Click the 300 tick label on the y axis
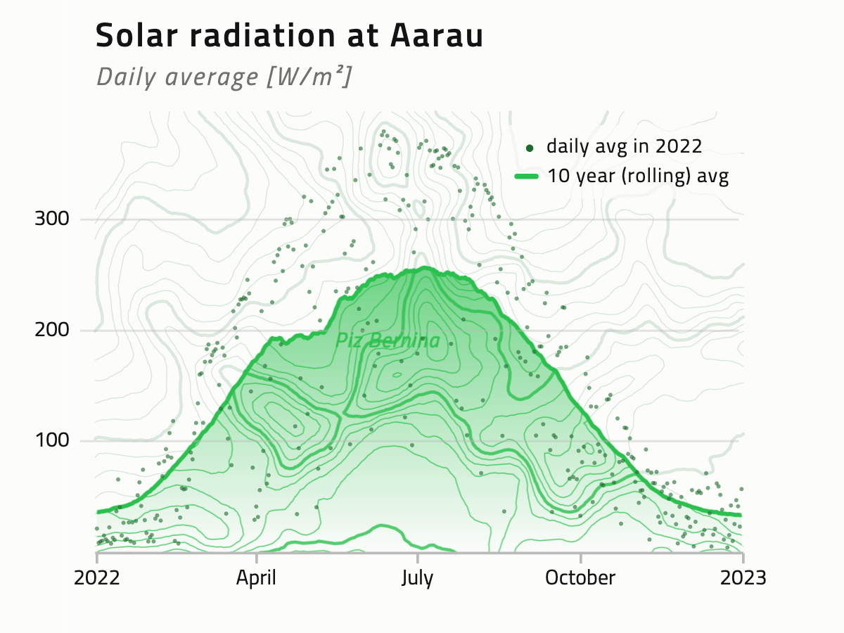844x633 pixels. point(52,219)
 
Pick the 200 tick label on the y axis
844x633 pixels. point(52,330)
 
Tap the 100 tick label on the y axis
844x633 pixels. point(52,440)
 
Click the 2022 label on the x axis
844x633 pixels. point(97,578)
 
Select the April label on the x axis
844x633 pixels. point(256,578)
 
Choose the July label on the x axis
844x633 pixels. point(417,578)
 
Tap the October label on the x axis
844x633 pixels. point(580,578)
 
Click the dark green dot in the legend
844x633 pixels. point(530,148)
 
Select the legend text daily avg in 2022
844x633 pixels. point(625,146)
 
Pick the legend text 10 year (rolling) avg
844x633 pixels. point(638,176)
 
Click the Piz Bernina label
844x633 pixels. point(388,341)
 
